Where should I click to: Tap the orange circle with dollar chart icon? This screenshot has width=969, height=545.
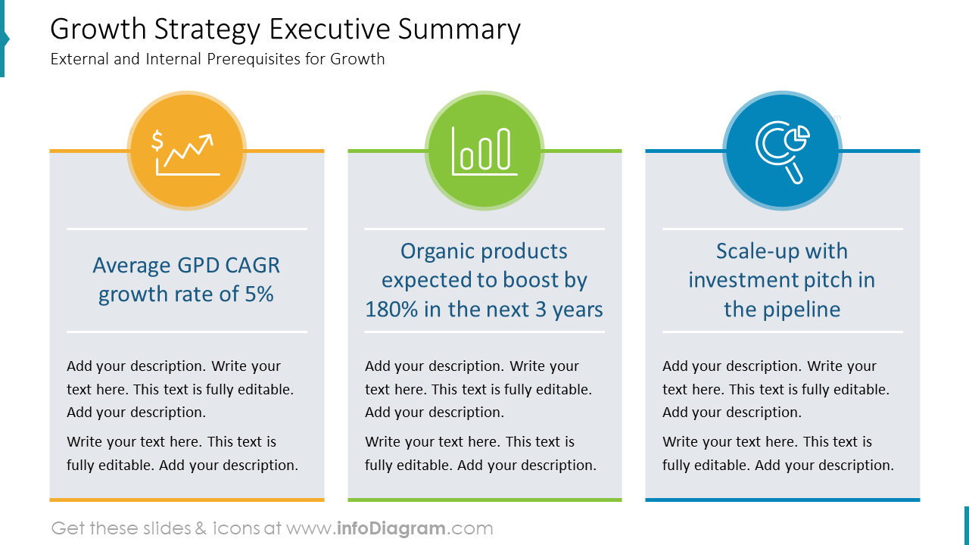185,151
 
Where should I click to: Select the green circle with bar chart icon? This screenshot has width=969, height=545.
484,151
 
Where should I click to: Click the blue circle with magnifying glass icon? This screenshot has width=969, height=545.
782,151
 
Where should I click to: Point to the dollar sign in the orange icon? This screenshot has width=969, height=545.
157,141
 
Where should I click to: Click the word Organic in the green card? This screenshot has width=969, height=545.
438,251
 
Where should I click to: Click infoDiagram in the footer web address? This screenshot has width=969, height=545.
391,528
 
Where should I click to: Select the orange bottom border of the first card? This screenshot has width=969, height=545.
186,500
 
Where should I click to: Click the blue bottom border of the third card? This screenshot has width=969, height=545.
782,500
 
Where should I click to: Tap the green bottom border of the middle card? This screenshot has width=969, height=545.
484,500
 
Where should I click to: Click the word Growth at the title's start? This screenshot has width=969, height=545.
98,30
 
